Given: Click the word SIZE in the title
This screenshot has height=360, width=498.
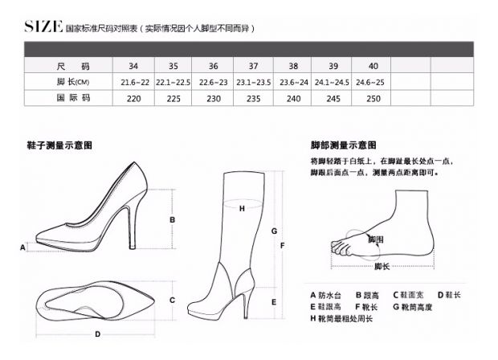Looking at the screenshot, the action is [43, 27].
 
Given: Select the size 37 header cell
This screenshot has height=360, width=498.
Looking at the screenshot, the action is [253, 66].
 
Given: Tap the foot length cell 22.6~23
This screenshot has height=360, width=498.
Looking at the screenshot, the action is [213, 82].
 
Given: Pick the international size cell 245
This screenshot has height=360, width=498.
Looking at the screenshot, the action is [333, 99].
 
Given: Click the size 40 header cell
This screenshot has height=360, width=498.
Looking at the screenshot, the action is [373, 66].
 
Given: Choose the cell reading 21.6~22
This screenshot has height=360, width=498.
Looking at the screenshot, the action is [135, 82].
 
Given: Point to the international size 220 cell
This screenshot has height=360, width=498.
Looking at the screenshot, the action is [133, 99].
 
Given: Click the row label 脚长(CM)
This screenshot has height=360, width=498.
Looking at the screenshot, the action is [73, 82].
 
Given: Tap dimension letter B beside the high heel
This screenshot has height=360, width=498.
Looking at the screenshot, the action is [172, 219].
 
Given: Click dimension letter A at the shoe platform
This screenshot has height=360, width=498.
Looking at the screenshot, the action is [22, 247].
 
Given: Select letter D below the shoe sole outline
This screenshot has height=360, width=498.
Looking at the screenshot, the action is [97, 334].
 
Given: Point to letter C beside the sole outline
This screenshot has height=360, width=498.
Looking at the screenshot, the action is [172, 300].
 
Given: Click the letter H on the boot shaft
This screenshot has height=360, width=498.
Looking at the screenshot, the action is [242, 209].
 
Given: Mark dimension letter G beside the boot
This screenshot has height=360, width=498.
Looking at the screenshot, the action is [274, 231].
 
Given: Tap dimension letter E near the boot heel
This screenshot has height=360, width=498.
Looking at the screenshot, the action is [274, 302].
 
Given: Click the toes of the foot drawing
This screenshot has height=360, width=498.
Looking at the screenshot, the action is [340, 248].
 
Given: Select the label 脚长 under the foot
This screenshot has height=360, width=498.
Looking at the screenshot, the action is [382, 266].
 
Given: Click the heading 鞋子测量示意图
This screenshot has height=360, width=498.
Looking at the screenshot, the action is [59, 145].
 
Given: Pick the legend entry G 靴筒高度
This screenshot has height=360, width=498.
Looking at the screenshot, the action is [413, 307].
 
